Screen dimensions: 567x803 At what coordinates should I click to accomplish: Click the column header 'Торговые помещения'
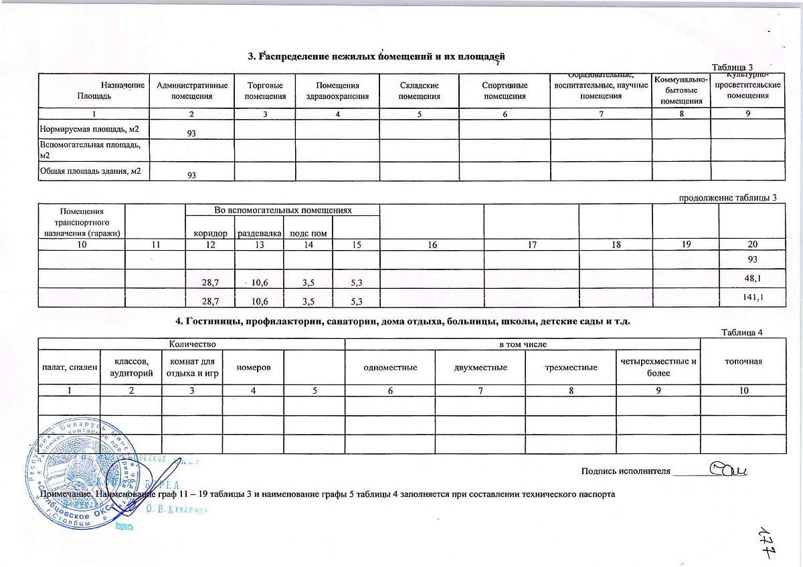tap(264, 91)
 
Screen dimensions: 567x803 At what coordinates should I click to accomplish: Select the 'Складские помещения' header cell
tap(419, 91)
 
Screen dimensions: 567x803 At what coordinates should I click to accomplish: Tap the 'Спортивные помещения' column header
tap(505, 91)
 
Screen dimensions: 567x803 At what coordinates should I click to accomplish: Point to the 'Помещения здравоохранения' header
tap(337, 91)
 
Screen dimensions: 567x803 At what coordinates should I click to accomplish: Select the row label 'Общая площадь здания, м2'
tap(93, 171)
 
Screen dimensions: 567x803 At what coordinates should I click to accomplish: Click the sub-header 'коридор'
tap(209, 233)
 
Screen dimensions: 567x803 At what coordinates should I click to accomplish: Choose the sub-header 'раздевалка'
tap(258, 233)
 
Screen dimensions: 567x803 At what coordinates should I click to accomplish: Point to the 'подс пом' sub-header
tap(308, 233)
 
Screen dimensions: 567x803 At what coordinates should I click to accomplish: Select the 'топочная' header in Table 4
tap(744, 362)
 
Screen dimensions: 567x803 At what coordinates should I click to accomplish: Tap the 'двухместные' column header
tap(480, 368)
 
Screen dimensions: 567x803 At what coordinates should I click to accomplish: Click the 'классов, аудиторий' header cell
tap(130, 368)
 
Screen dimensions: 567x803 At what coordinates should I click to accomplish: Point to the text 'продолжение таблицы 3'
tap(728, 197)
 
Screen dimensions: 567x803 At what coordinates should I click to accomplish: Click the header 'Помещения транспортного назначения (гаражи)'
tap(81, 222)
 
